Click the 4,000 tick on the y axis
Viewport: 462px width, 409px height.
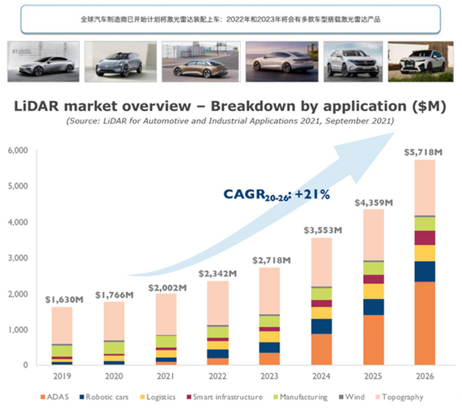(19, 222)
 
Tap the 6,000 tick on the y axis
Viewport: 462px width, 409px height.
(19, 150)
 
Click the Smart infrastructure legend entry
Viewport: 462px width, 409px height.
(226, 397)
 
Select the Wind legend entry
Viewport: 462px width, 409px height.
(355, 397)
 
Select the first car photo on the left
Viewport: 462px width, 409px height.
(41, 62)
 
